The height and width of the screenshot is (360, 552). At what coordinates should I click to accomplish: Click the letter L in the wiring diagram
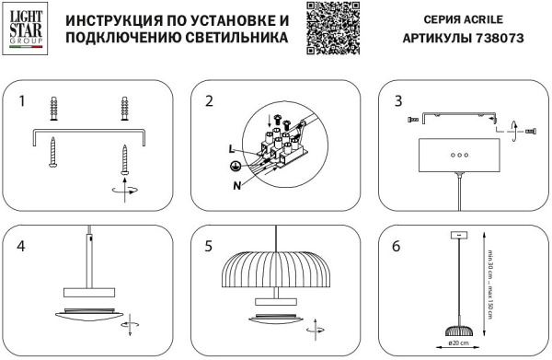[233, 148]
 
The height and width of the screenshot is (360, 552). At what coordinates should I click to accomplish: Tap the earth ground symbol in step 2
[236, 166]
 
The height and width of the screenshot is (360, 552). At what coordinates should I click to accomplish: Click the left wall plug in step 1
[54, 110]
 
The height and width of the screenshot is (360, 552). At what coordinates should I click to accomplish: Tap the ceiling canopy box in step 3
[456, 157]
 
